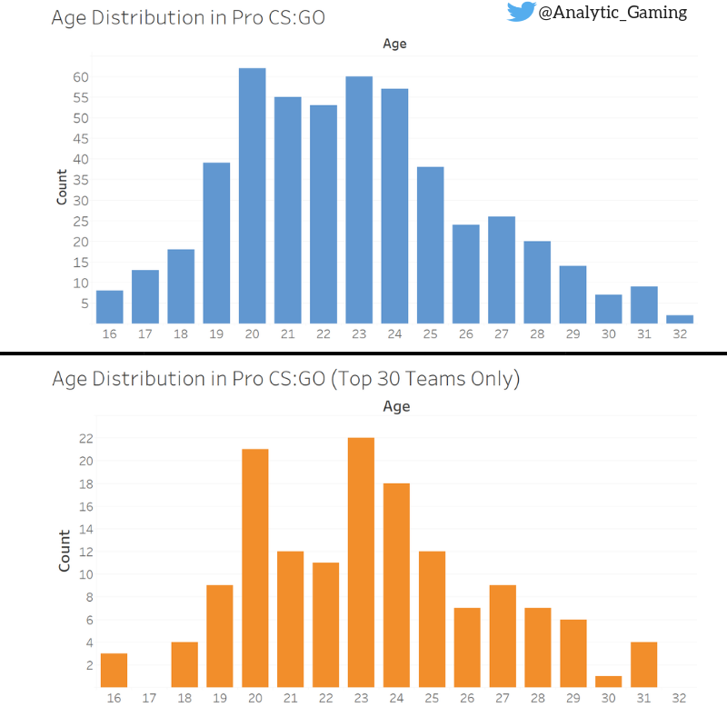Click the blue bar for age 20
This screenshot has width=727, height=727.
[252, 195]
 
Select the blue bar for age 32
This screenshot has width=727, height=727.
[680, 319]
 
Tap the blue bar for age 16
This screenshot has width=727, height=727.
[110, 306]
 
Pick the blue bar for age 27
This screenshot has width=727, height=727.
[501, 269]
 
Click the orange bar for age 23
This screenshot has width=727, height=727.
[361, 563]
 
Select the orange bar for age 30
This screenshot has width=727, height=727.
[608, 682]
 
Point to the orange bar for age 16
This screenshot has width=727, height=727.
[114, 671]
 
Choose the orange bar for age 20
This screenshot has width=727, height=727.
[254, 568]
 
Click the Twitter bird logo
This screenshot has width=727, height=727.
[521, 12]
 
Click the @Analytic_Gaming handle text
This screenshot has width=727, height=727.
[612, 13]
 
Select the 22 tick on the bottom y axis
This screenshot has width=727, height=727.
[86, 438]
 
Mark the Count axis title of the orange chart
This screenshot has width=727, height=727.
[65, 551]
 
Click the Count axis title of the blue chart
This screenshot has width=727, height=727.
[62, 186]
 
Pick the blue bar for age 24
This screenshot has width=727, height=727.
[394, 205]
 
